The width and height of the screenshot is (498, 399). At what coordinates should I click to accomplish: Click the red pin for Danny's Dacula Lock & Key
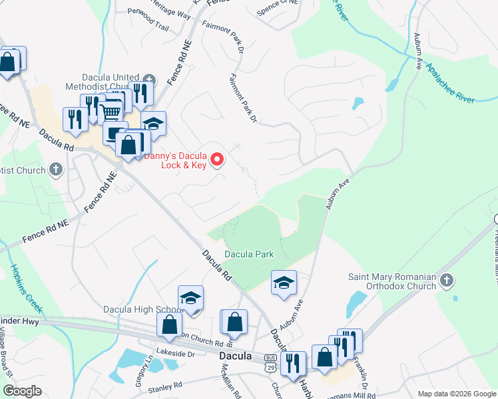click(x=216, y=160)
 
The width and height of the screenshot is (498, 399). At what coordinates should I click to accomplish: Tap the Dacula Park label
click(x=249, y=254)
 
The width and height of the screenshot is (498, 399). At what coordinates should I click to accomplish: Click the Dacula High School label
click(x=142, y=309)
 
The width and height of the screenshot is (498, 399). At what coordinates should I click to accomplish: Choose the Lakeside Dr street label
click(x=174, y=354)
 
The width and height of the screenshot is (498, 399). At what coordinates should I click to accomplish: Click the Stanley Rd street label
click(x=164, y=386)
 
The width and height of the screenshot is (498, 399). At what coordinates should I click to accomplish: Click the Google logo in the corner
click(x=22, y=391)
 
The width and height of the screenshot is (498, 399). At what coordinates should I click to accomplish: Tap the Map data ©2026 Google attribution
click(x=457, y=394)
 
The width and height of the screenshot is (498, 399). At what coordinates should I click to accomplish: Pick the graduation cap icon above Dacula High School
click(x=190, y=297)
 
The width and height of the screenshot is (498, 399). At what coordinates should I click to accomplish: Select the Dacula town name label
click(x=236, y=356)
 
